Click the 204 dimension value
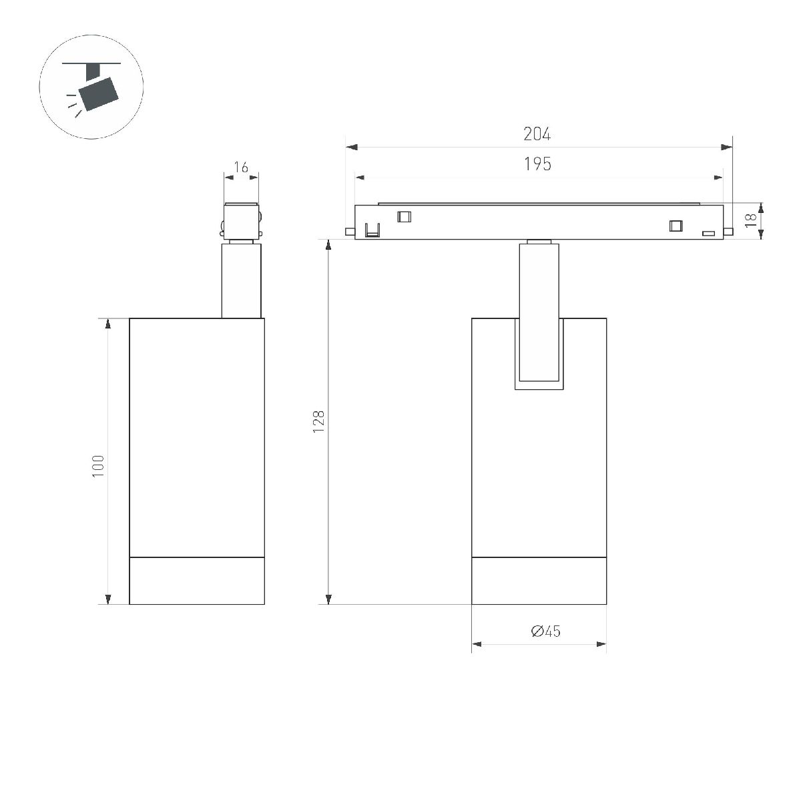click(537, 134)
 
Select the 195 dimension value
click(537, 164)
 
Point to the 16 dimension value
click(241, 167)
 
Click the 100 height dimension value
click(98, 465)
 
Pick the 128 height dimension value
click(318, 422)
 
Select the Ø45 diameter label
click(545, 631)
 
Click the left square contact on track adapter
click(403, 216)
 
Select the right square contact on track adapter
click(676, 226)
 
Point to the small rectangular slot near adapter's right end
click(708, 233)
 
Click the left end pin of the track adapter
click(349, 232)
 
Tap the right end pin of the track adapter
click(728, 232)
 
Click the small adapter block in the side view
click(241, 220)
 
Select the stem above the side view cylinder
click(241, 281)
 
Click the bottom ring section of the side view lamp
click(197, 580)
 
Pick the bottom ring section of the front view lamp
click(539, 580)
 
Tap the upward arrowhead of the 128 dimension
click(328, 245)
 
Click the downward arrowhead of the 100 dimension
click(107, 599)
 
